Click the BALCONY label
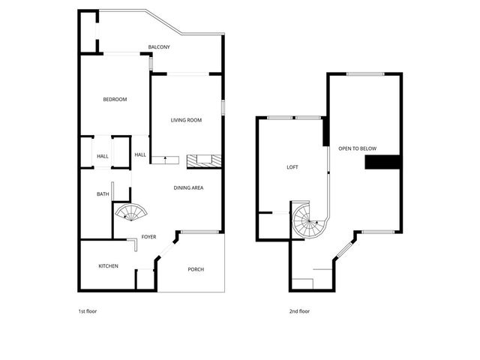pyautogui.click(x=159, y=47)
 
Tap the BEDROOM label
pyautogui.click(x=115, y=100)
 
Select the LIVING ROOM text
pyautogui.click(x=187, y=120)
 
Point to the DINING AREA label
pyautogui.click(x=189, y=187)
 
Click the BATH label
pyautogui.click(x=103, y=194)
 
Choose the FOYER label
pyautogui.click(x=149, y=237)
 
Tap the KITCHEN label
pyautogui.click(x=109, y=266)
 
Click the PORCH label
pyautogui.click(x=196, y=269)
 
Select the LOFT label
pyautogui.click(x=292, y=167)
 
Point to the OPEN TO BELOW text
pyautogui.click(x=357, y=148)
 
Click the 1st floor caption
pyautogui.click(x=88, y=310)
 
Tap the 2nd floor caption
pyautogui.click(x=299, y=310)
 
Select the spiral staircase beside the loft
pyautogui.click(x=307, y=220)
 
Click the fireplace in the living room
pyautogui.click(x=203, y=160)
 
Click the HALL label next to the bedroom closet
pyautogui.click(x=103, y=156)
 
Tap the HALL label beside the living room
pyautogui.click(x=140, y=155)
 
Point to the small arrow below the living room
pyautogui.click(x=164, y=158)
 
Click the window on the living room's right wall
pyautogui.click(x=223, y=107)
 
